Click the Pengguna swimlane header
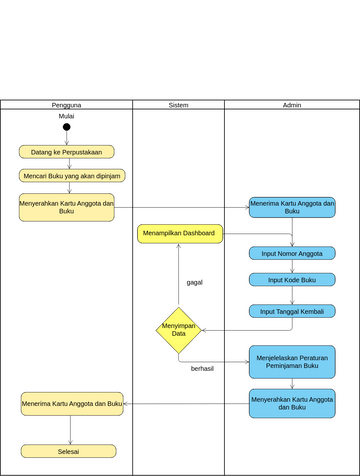pyautogui.click(x=66, y=104)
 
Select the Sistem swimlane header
pyautogui.click(x=178, y=104)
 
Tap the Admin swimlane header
pyautogui.click(x=292, y=104)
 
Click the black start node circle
pyautogui.click(x=67, y=127)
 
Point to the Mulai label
pyautogui.click(x=67, y=116)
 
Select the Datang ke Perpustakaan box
pyautogui.click(x=66, y=152)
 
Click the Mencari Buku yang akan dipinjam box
pyautogui.click(x=72, y=175)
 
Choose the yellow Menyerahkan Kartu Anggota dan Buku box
pyautogui.click(x=66, y=207)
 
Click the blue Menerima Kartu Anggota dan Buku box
pyautogui.click(x=292, y=207)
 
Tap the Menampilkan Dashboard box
pyautogui.click(x=180, y=233)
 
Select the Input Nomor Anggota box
pyautogui.click(x=292, y=253)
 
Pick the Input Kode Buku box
pyautogui.click(x=292, y=279)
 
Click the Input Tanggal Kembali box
pyautogui.click(x=292, y=311)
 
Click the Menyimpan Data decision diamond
pyautogui.click(x=179, y=330)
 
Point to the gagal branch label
pyautogui.click(x=194, y=282)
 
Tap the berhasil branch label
pyautogui.click(x=202, y=368)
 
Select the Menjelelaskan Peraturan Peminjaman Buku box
pyautogui.click(x=292, y=361)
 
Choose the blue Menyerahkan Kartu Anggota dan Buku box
pyautogui.click(x=292, y=403)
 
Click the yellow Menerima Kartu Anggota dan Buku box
pyautogui.click(x=72, y=403)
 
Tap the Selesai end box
pyautogui.click(x=68, y=451)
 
